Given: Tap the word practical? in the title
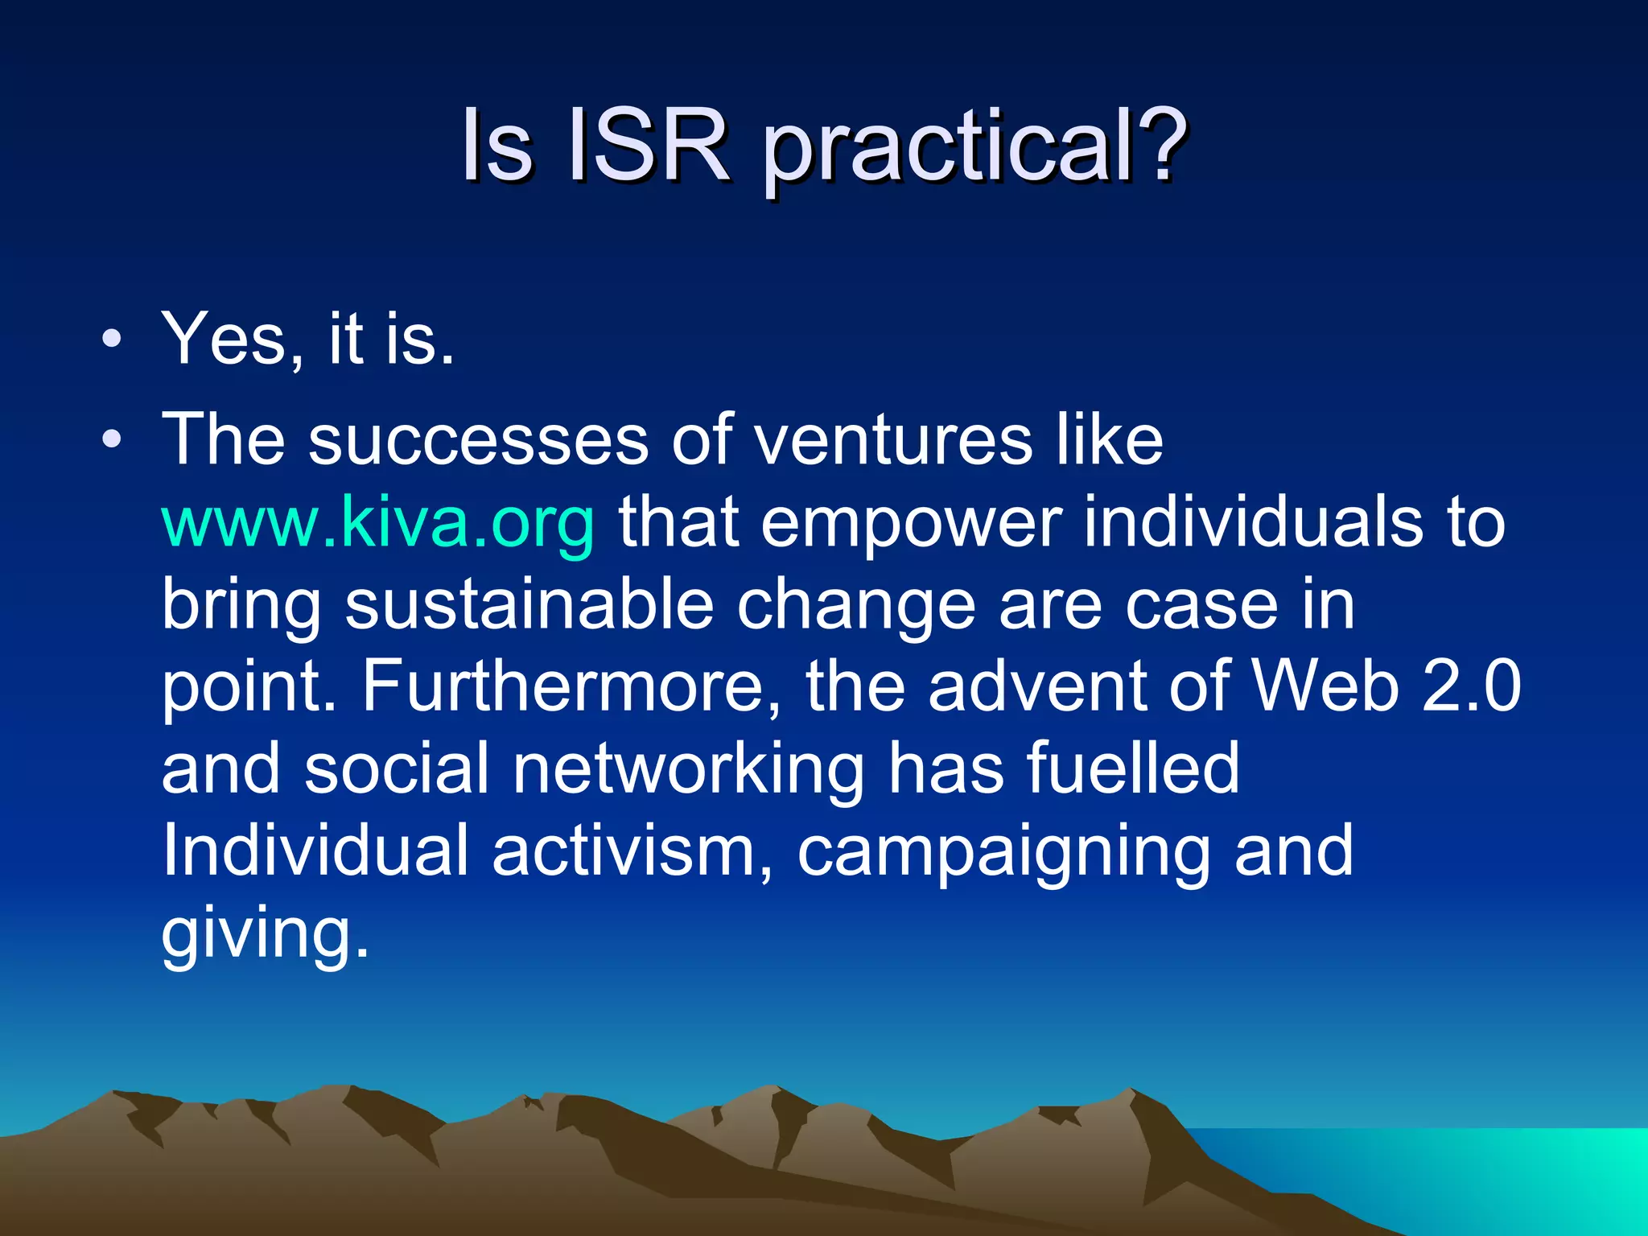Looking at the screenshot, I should pos(974,149).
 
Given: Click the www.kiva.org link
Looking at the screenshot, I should pos(378,523).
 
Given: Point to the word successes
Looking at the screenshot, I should pos(478,441).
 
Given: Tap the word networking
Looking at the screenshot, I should pos(688,769).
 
